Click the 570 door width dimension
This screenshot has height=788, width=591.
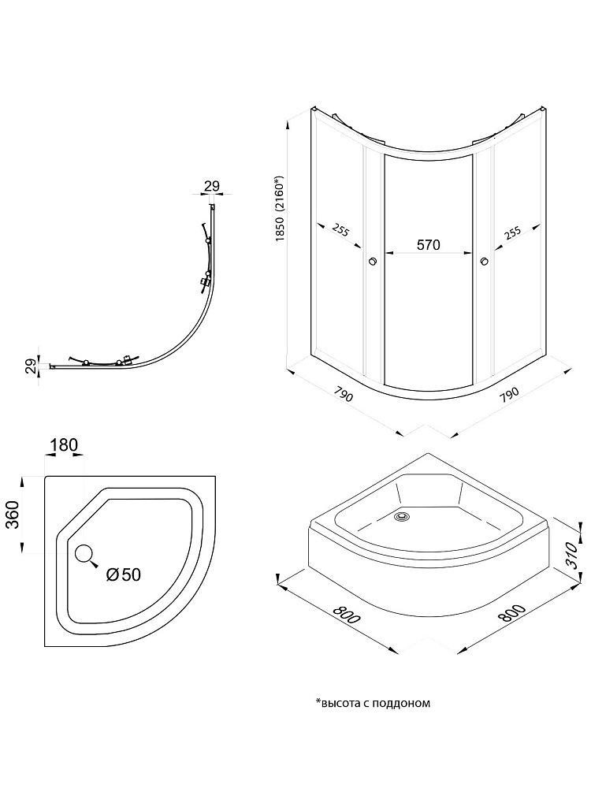(x=427, y=245)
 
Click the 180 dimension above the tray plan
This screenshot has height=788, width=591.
(x=64, y=446)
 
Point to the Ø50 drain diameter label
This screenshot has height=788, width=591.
(x=123, y=574)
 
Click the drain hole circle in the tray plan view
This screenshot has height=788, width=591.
(x=84, y=552)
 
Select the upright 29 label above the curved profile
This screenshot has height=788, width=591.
(x=211, y=186)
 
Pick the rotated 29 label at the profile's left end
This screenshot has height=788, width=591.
(x=30, y=366)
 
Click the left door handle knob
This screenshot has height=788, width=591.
(x=373, y=262)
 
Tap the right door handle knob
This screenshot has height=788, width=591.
(x=485, y=262)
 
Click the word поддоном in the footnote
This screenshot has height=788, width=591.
(x=405, y=703)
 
